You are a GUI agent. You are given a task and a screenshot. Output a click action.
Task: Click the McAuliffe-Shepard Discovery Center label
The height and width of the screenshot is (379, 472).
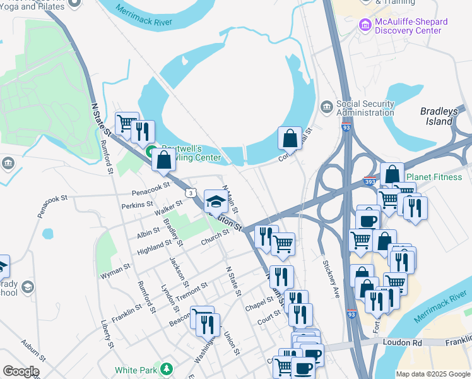click(x=411, y=26)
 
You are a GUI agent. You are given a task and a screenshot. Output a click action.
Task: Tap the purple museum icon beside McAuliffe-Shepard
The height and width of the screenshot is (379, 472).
click(x=364, y=25)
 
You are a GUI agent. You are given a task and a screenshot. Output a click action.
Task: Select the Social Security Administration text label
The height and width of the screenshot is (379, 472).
click(x=365, y=108)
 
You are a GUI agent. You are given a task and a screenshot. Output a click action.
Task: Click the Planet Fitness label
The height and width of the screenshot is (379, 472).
click(x=434, y=177)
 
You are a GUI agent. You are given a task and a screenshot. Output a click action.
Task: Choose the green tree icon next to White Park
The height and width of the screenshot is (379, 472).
click(x=166, y=369)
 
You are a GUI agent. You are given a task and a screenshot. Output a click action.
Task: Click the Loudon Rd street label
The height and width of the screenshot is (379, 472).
click(x=402, y=342)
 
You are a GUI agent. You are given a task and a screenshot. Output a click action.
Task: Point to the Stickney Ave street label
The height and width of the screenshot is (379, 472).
click(x=331, y=278)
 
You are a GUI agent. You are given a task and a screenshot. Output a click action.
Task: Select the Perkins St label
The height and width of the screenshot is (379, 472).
click(x=138, y=205)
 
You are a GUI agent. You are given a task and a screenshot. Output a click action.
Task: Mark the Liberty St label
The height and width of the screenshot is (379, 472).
click(x=107, y=334)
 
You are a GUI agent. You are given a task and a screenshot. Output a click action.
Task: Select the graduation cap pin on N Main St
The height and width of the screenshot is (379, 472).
click(x=216, y=202)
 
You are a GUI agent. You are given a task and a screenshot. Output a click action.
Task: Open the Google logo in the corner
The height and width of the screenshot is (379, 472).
click(x=21, y=372)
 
